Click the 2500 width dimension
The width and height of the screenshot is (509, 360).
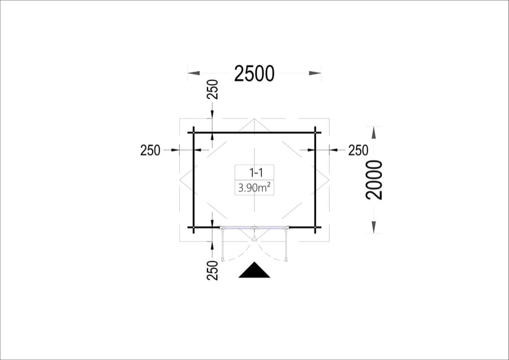pyautogui.click(x=254, y=74)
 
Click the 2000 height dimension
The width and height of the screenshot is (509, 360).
pyautogui.click(x=374, y=179)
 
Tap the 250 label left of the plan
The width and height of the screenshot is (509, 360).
pyautogui.click(x=150, y=151)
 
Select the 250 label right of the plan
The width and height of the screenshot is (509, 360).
pyautogui.click(x=359, y=151)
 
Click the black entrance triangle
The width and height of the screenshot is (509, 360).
pyautogui.click(x=254, y=270)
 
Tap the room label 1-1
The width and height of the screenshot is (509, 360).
pyautogui.click(x=256, y=173)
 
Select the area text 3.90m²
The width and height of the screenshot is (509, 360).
pyautogui.click(x=255, y=188)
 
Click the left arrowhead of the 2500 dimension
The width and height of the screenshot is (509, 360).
pyautogui.click(x=194, y=74)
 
